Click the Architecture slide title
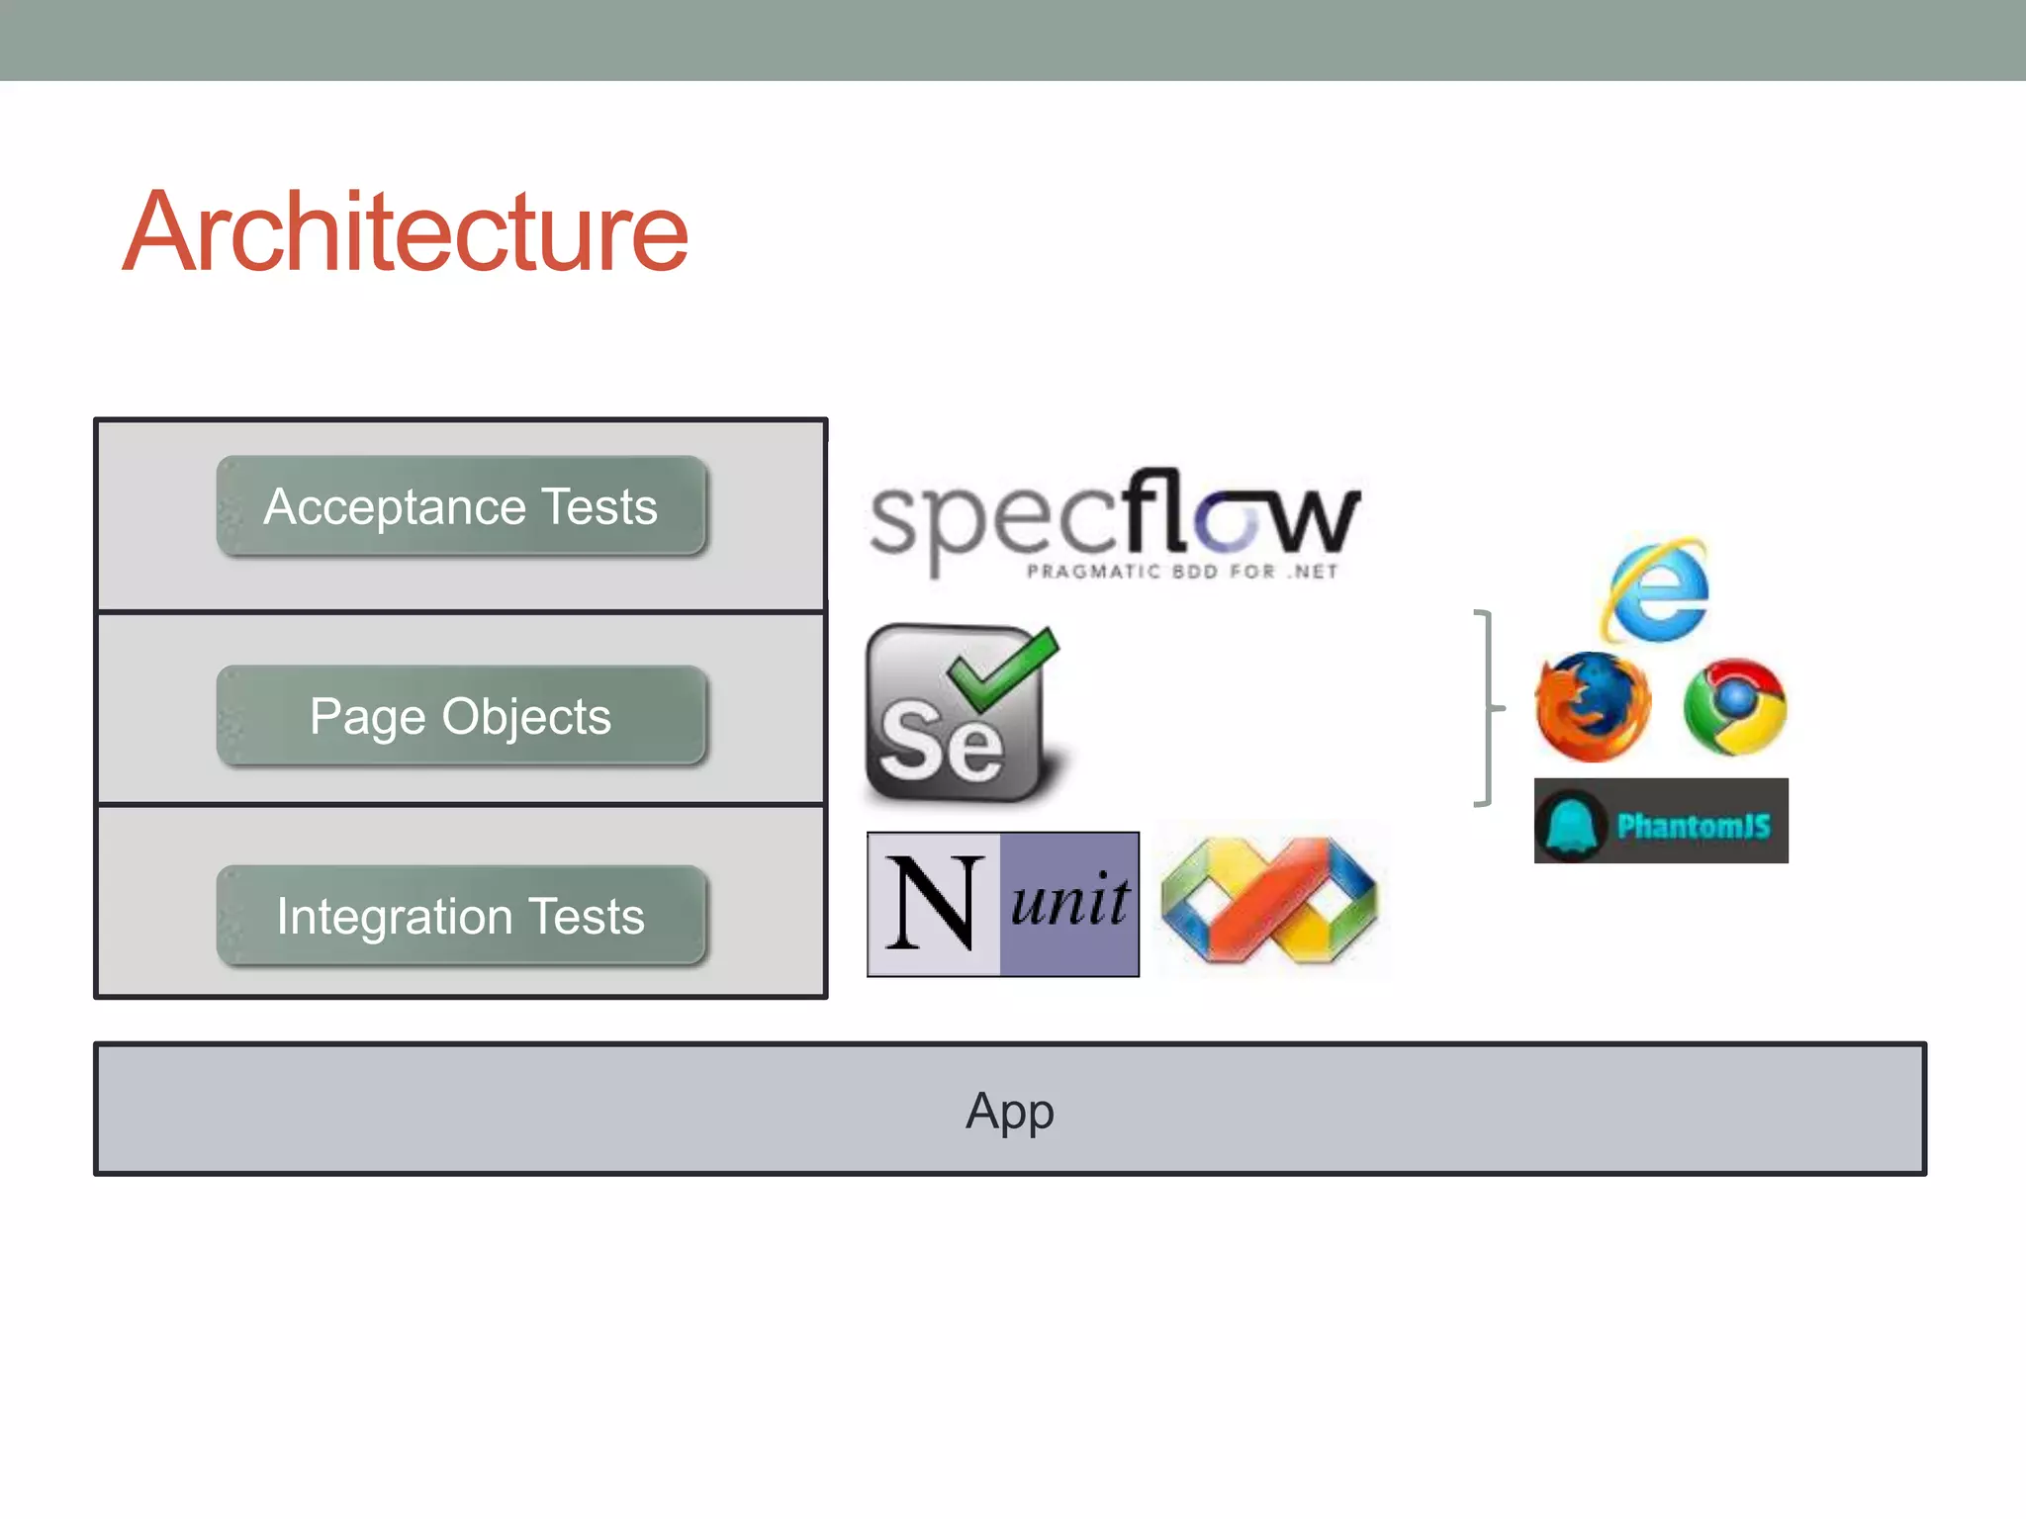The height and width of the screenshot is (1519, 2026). pos(406,231)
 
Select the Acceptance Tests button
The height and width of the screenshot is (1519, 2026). pos(461,506)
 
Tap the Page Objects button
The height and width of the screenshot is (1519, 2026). pos(461,716)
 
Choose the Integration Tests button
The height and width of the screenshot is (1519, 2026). pos(461,916)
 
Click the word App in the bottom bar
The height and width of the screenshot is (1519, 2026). pos(1010,1111)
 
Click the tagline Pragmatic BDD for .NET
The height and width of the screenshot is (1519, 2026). pos(1182,572)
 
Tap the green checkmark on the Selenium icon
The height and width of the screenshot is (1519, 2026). pos(1004,668)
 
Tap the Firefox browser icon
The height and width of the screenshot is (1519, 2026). pos(1593,706)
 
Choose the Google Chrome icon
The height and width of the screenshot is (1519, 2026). pos(1735,706)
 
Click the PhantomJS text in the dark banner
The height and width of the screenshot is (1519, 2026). pos(1694,825)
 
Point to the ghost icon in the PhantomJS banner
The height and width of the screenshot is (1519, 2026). pos(1571,823)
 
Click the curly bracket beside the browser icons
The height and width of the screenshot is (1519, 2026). pos(1486,708)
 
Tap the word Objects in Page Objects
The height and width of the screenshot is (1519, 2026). pos(526,716)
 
